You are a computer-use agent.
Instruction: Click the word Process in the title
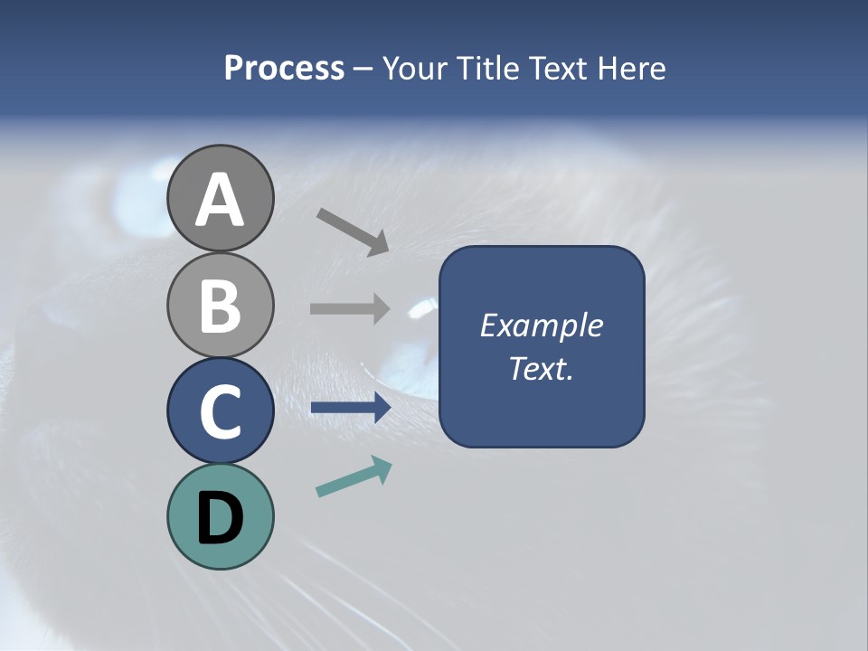pos(284,69)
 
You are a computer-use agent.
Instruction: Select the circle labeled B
pos(221,305)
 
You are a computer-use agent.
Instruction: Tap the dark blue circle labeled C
pos(221,410)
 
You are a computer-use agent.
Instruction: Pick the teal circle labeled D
pos(221,516)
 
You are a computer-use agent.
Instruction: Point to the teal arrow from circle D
pos(354,477)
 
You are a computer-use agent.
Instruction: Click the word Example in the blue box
pos(542,325)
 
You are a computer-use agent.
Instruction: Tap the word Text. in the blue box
pos(542,368)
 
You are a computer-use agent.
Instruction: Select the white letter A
pos(221,201)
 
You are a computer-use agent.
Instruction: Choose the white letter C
pos(221,412)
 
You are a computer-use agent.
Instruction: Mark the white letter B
pos(221,307)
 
